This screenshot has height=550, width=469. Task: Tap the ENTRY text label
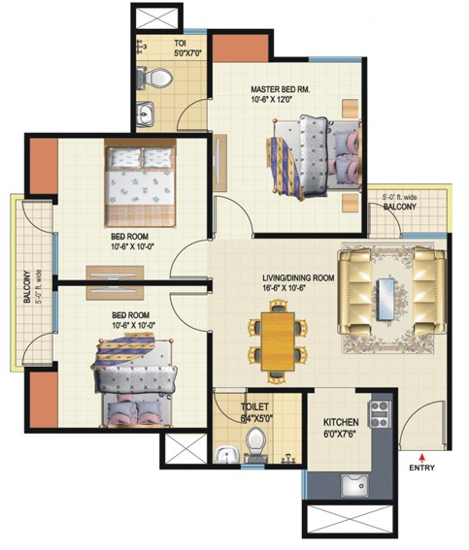tap(422, 468)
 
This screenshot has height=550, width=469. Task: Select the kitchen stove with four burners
tap(379, 414)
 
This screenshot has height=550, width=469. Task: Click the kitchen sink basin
tap(354, 486)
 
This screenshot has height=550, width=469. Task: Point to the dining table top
tap(278, 340)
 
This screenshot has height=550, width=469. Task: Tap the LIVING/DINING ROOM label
tap(298, 278)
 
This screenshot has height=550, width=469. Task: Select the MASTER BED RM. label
tap(281, 89)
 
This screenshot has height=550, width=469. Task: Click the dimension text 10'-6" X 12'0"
tap(272, 99)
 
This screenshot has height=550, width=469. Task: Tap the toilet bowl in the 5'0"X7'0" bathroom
tap(158, 78)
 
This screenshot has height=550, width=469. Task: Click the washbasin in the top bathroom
tap(145, 114)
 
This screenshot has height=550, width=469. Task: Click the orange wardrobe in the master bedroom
tap(241, 49)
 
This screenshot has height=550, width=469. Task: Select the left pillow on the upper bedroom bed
tap(125, 157)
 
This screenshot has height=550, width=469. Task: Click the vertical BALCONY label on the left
tap(27, 286)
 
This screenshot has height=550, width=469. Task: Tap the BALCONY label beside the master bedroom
tap(400, 207)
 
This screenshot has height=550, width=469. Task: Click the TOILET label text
tap(254, 406)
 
